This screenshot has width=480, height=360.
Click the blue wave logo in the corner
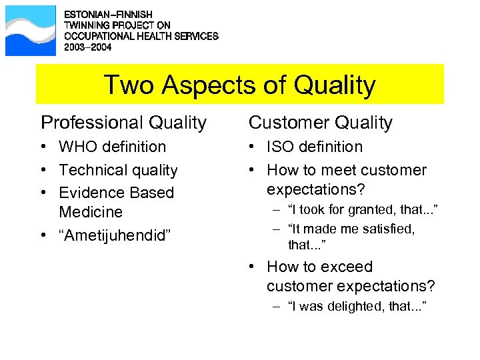click(30, 31)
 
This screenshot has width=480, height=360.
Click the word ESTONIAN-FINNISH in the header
click(108, 14)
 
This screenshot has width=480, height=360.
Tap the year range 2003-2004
click(87, 48)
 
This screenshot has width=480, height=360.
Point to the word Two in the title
click(126, 85)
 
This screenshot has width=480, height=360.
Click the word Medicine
click(91, 213)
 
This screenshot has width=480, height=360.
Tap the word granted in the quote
click(362, 211)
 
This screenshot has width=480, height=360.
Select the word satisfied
click(385, 229)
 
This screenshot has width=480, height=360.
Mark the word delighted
click(354, 306)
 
